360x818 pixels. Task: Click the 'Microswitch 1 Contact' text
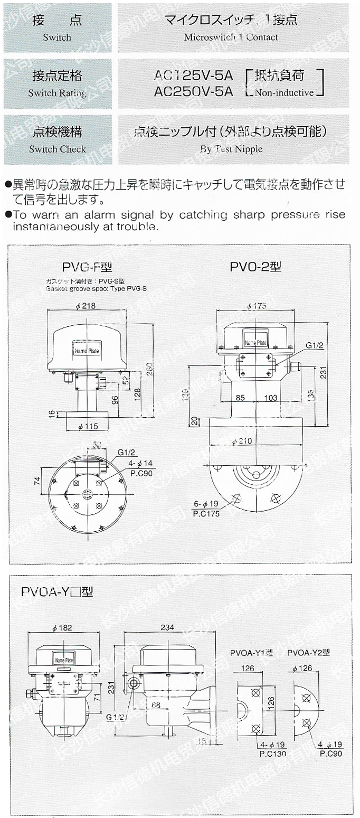(231, 37)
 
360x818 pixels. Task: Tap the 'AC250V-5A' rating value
(193, 91)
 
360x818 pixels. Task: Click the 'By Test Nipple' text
(231, 149)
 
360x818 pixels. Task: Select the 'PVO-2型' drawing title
(255, 267)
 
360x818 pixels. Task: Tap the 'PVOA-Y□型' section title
(57, 591)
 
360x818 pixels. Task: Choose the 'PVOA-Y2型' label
(308, 653)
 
